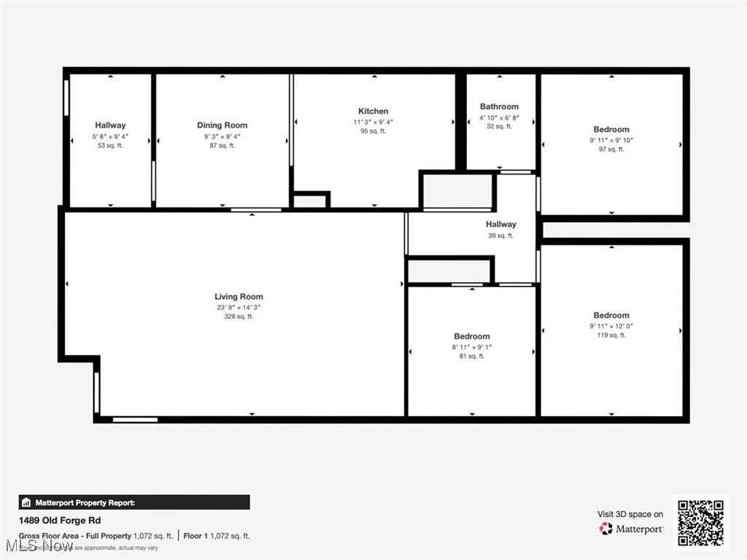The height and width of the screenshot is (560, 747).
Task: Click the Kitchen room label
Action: pyautogui.click(x=373, y=112)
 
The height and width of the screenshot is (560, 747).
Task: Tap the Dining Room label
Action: pyautogui.click(x=222, y=126)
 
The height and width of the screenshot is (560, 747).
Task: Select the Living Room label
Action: pyautogui.click(x=239, y=296)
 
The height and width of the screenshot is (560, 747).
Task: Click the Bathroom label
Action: pyautogui.click(x=499, y=107)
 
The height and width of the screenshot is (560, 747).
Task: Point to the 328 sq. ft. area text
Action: pyautogui.click(x=239, y=317)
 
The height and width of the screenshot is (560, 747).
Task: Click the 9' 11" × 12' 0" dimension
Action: pyautogui.click(x=611, y=326)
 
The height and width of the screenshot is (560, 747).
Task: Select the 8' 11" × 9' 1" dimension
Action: pyautogui.click(x=471, y=347)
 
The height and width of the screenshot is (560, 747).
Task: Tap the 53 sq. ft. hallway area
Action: pyautogui.click(x=110, y=146)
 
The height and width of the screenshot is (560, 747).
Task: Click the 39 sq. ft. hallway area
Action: pyautogui.click(x=500, y=236)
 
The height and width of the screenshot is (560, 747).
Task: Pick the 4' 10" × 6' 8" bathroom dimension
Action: pyautogui.click(x=499, y=117)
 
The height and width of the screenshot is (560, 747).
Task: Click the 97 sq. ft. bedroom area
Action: pyautogui.click(x=611, y=150)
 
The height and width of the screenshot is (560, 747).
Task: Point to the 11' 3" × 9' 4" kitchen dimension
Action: pyautogui.click(x=373, y=122)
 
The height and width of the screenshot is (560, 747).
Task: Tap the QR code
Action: pyautogui.click(x=700, y=523)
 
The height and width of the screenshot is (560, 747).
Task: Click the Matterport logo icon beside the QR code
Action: pyautogui.click(x=605, y=529)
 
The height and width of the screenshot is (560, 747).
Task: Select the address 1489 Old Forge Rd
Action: pyautogui.click(x=60, y=521)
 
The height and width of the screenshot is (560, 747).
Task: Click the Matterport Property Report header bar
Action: pyautogui.click(x=134, y=502)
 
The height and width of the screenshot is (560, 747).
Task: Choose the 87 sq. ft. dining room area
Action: pyautogui.click(x=222, y=146)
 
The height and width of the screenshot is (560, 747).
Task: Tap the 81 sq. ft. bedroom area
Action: pyautogui.click(x=471, y=356)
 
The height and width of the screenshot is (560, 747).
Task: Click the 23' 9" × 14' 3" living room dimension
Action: pyautogui.click(x=239, y=307)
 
